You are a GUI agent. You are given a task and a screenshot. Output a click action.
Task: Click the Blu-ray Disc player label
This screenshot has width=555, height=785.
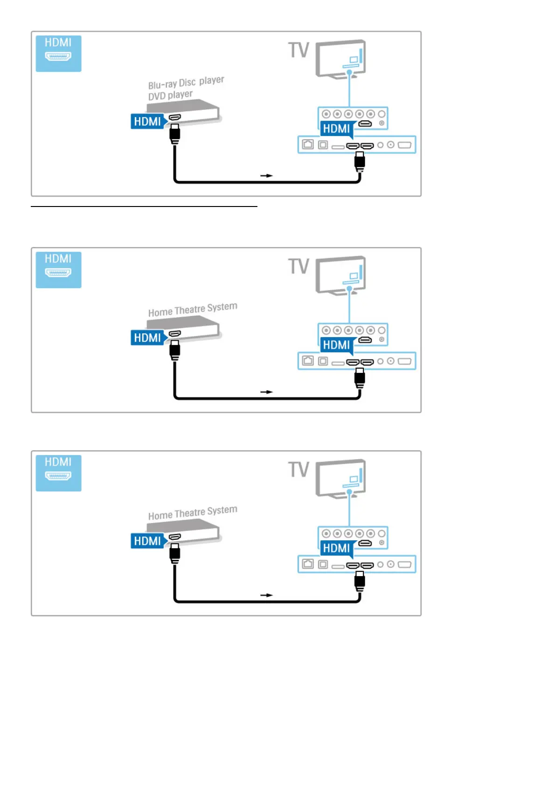tap(186, 83)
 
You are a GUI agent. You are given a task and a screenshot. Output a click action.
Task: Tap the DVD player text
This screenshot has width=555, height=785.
tap(170, 95)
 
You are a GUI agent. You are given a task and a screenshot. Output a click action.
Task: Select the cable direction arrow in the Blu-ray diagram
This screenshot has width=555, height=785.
tap(266, 176)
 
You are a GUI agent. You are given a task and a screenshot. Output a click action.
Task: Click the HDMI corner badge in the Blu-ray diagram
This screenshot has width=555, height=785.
tap(58, 54)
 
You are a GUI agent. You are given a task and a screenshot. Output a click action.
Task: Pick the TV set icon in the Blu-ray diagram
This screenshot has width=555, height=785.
tap(341, 59)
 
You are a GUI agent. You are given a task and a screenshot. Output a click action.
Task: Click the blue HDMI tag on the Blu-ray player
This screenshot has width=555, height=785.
tap(148, 121)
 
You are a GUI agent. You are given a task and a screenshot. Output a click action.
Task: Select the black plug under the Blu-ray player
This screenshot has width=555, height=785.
tap(175, 133)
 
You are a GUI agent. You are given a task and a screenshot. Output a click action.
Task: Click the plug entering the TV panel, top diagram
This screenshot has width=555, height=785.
tap(360, 161)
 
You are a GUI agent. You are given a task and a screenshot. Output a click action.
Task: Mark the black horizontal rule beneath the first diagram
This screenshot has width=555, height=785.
tap(144, 206)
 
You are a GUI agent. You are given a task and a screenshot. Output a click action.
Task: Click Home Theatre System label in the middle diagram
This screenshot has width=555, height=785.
tap(193, 310)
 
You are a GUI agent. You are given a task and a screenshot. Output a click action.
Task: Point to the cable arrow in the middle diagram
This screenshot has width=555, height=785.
tap(266, 392)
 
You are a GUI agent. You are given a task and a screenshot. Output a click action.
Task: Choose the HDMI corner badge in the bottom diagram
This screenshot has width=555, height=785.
tap(58, 473)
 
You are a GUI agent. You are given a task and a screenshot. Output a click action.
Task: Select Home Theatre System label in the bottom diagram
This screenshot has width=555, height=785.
tap(193, 513)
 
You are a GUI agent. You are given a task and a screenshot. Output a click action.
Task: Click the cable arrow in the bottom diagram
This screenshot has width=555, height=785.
tap(266, 595)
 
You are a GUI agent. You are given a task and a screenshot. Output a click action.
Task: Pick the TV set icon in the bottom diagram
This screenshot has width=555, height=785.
tap(341, 479)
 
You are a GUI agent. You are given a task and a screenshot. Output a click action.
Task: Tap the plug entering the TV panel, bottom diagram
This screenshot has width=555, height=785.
tap(360, 580)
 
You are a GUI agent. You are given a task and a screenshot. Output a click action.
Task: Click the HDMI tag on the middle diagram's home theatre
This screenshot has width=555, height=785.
tap(148, 337)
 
